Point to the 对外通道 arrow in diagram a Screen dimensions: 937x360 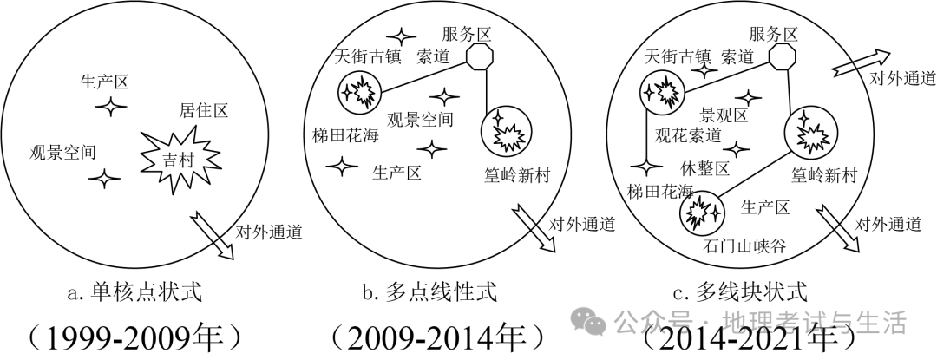pos(215,233)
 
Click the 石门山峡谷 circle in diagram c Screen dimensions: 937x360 pos(698,211)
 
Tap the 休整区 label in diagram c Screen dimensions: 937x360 pos(704,167)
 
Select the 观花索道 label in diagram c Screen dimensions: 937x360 pos(688,135)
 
